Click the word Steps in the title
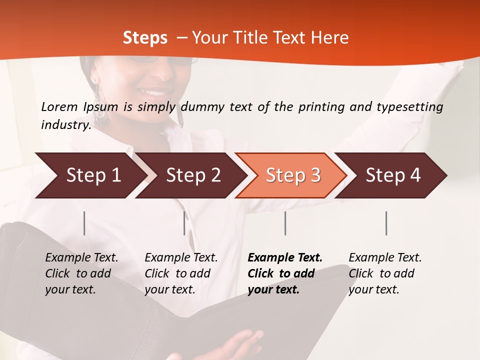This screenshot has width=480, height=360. (145, 37)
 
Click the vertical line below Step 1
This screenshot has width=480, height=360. (84, 223)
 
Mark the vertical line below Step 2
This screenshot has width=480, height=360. (184, 223)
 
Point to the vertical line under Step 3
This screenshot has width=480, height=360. (285, 223)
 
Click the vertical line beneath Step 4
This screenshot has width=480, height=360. (386, 223)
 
